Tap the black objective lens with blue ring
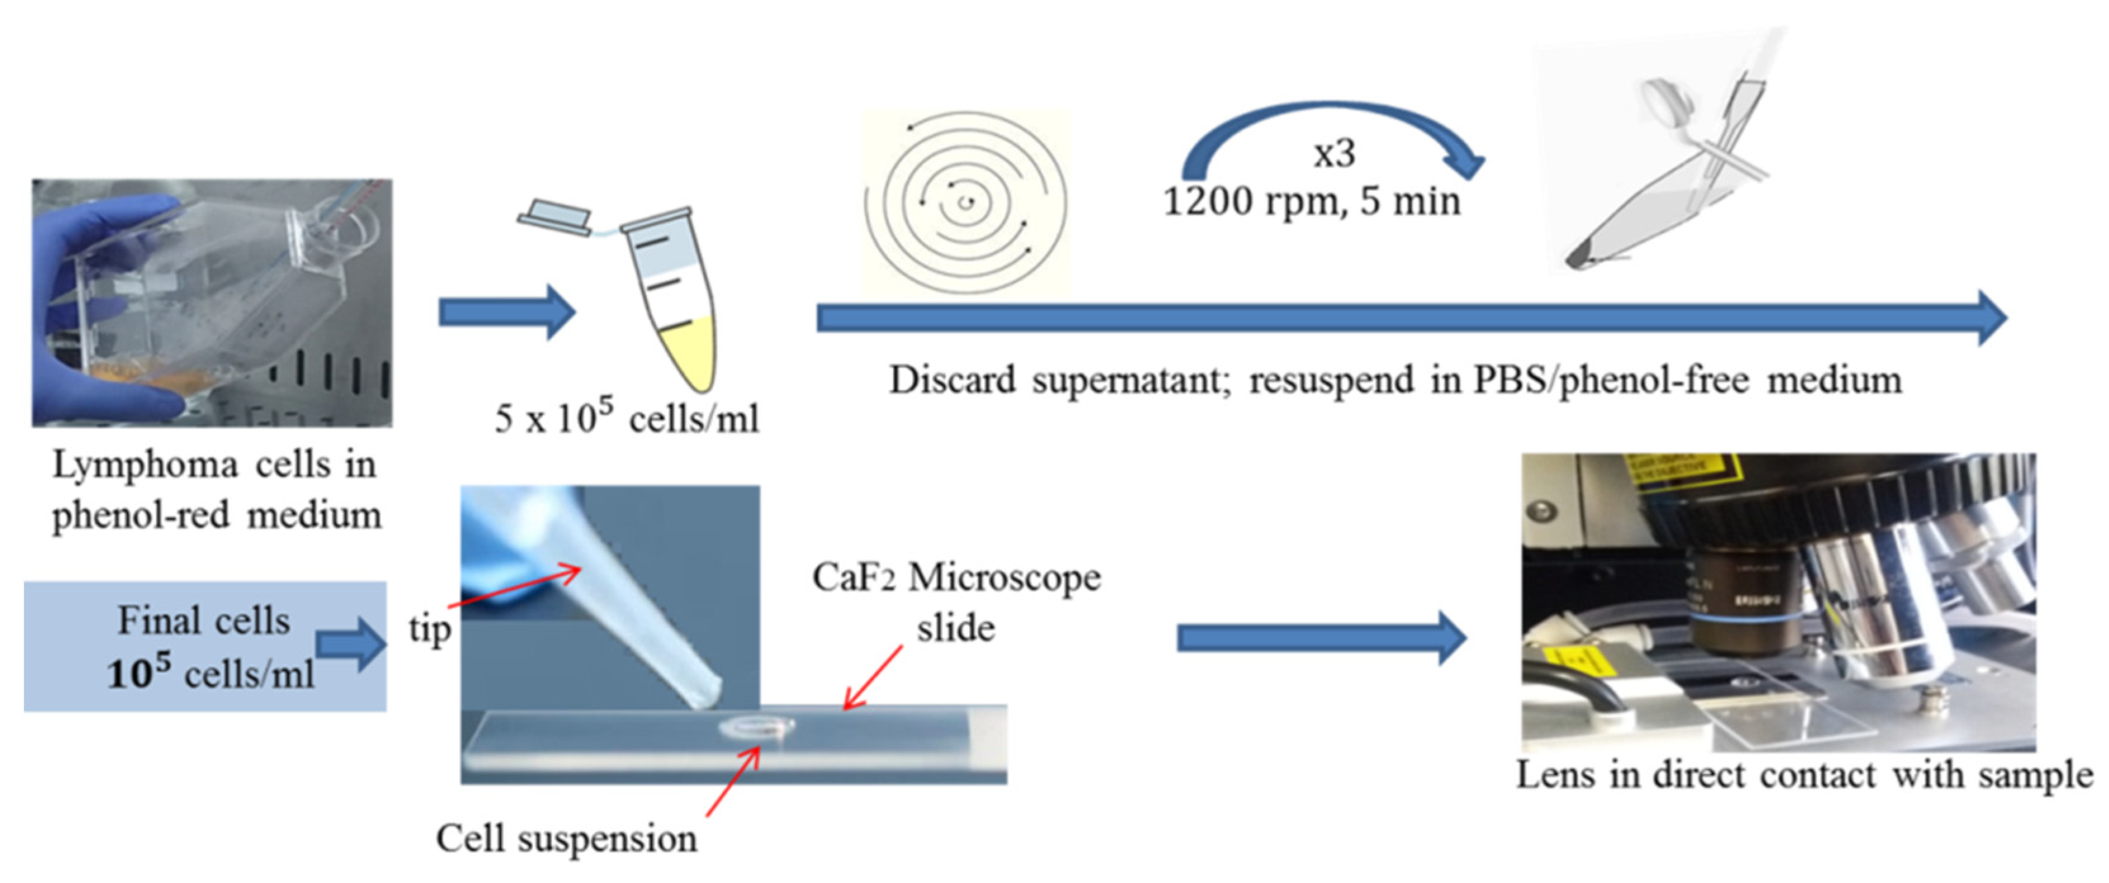(1748, 614)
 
